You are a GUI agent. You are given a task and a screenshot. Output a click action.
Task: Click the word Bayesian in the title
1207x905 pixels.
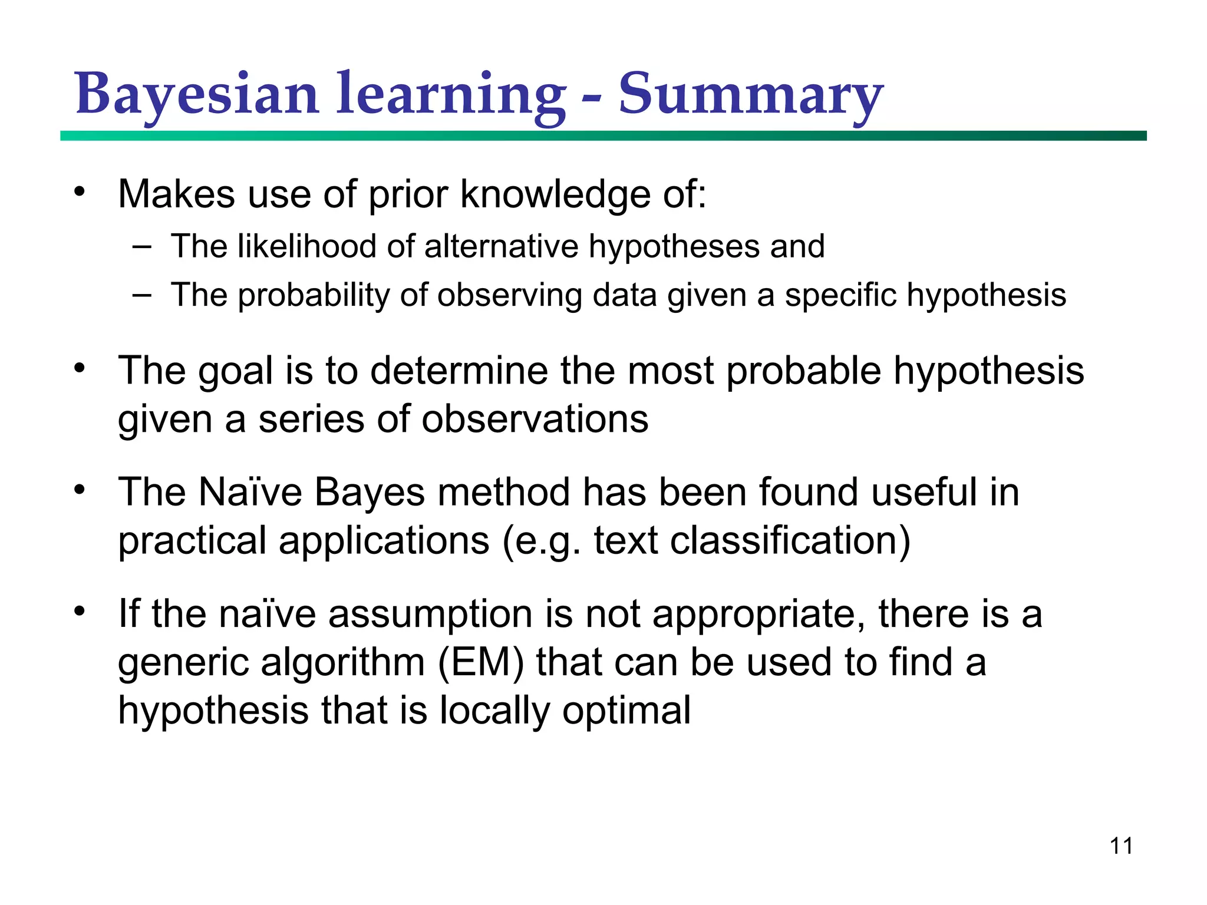[x=197, y=94]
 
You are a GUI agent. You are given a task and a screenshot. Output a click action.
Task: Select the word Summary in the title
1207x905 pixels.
[x=750, y=94]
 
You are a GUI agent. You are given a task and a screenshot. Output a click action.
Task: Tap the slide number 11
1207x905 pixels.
[x=1121, y=846]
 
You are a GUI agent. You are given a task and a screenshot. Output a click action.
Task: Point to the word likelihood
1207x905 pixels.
[x=306, y=246]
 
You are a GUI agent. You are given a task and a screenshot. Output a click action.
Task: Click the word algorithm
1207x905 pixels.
[x=342, y=662]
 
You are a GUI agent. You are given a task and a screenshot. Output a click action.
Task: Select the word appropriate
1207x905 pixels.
[x=759, y=614]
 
